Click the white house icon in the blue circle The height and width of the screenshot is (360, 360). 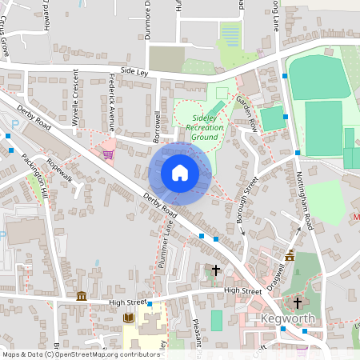point(180,173)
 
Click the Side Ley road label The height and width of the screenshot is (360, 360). point(134,71)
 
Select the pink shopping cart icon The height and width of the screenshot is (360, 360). point(108,154)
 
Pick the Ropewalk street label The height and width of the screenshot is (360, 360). point(60,170)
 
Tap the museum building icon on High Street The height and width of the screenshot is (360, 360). point(81,297)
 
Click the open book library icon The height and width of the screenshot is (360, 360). point(128,318)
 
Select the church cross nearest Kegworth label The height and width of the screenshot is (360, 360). point(298,303)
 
